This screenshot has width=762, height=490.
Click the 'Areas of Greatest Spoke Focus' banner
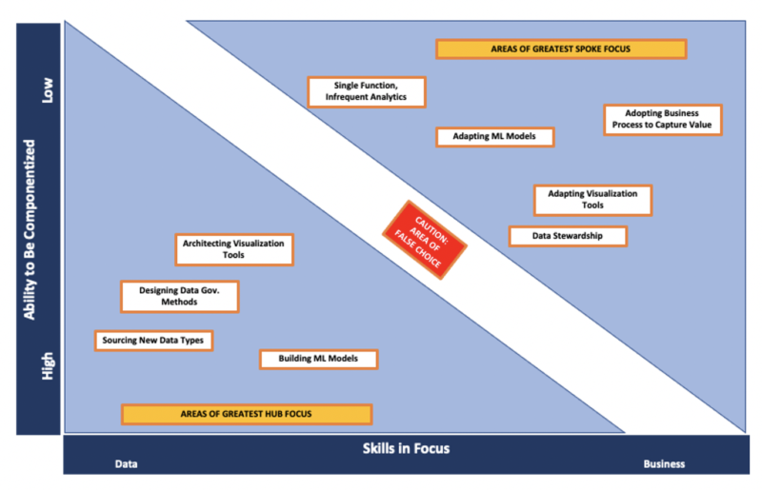point(561,49)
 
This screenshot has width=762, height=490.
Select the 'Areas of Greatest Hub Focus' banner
point(247,414)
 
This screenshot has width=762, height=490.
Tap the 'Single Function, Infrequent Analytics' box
point(367,91)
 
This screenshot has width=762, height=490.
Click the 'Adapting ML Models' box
point(494,136)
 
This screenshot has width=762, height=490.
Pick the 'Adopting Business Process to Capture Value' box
point(662,119)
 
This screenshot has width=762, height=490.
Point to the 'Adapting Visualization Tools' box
point(592,199)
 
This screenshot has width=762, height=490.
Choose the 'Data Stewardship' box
point(568,236)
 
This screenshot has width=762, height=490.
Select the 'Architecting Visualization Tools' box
point(234,249)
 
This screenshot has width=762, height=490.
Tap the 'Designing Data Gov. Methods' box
point(179,296)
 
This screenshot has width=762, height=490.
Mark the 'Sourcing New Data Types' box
point(152,340)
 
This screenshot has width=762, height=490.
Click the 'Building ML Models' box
point(318,359)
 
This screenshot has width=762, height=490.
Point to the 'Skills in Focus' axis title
point(405,447)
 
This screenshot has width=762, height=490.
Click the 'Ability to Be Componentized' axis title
point(30,229)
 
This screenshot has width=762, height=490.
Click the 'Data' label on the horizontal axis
point(127,464)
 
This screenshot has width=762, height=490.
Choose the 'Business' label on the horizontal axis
point(664,464)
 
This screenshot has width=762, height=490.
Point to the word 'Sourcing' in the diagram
point(125,340)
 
